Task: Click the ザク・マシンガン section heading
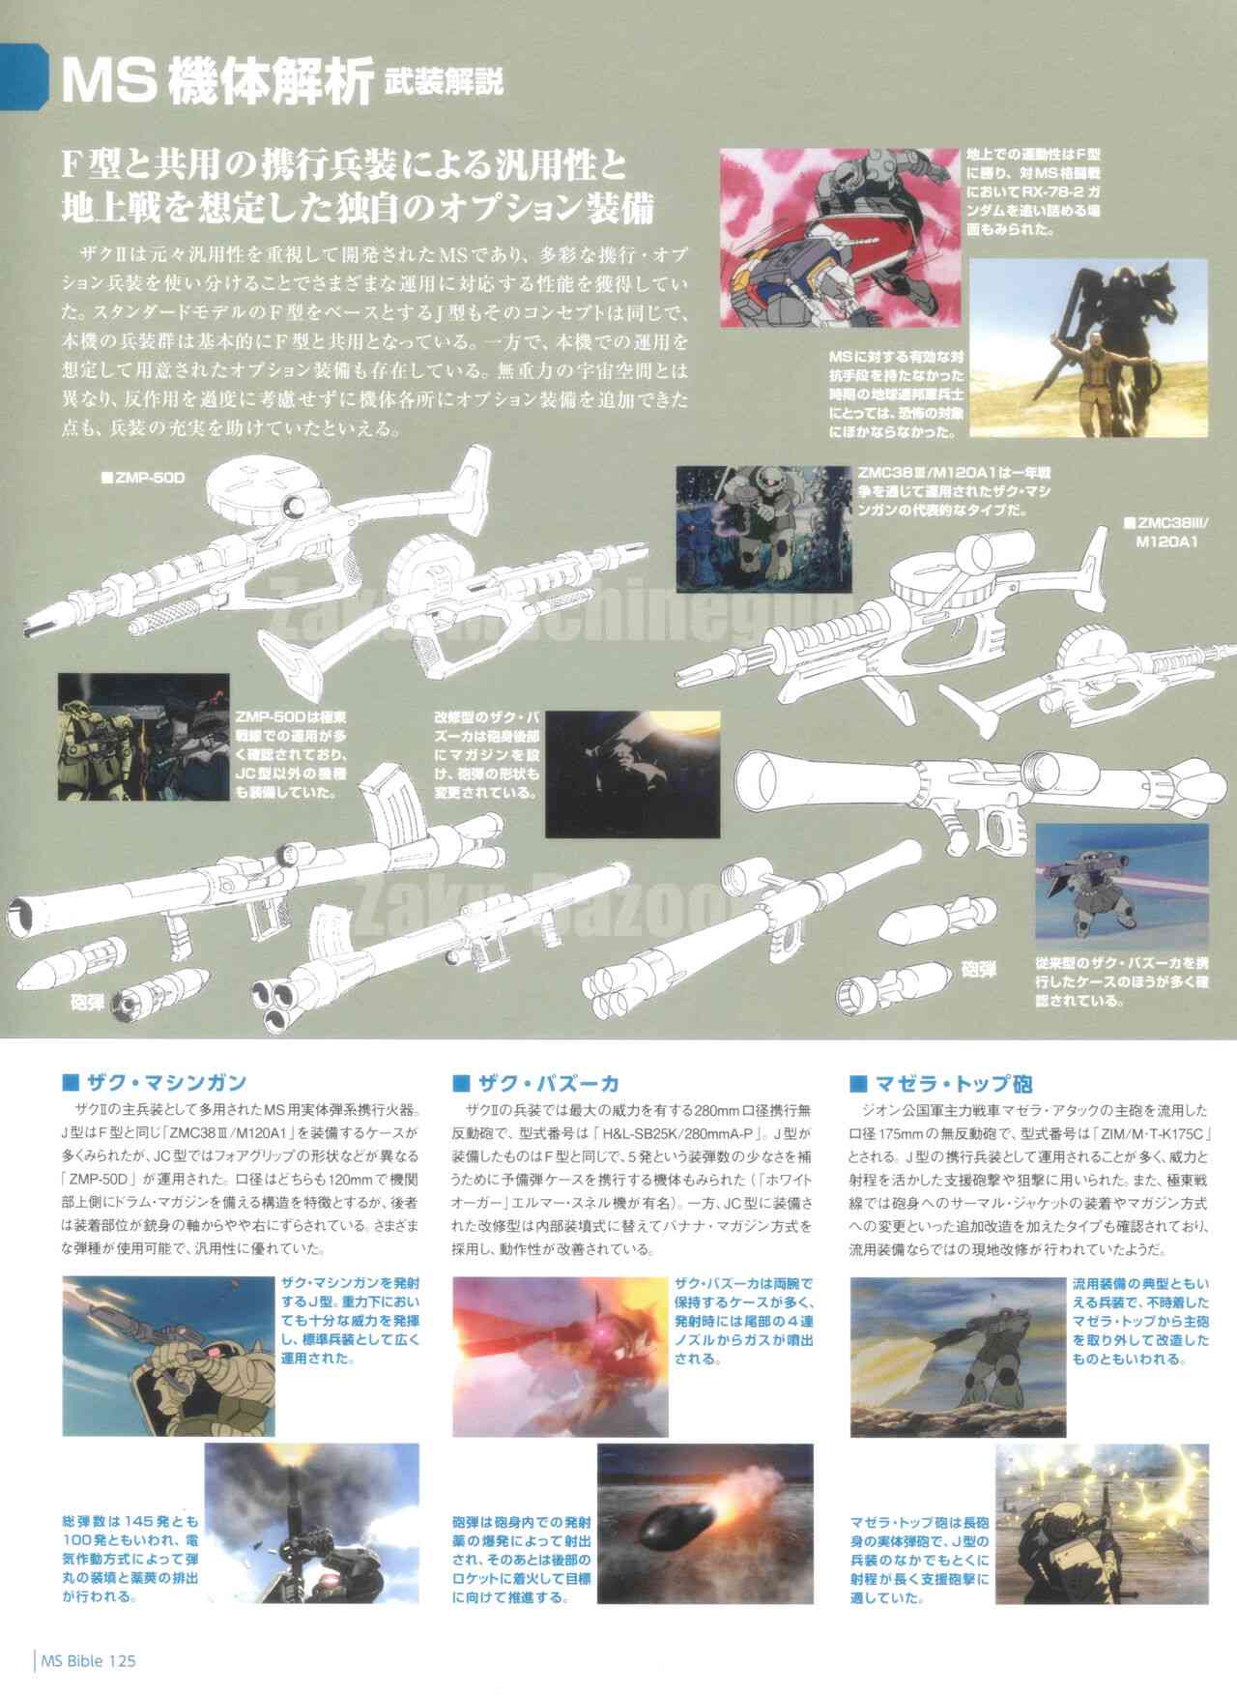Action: (166, 1082)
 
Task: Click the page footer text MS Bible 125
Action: (87, 1661)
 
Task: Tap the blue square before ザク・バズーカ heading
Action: (460, 1082)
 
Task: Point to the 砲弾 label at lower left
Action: (87, 1000)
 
